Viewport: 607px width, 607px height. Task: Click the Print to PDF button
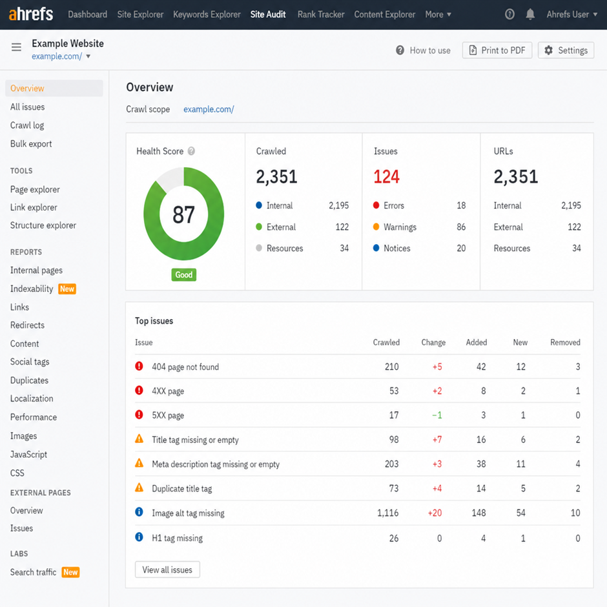tap(497, 50)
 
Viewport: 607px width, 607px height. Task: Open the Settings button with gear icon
tap(566, 50)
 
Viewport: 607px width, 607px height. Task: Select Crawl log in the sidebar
tap(27, 125)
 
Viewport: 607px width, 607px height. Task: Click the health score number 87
tap(183, 215)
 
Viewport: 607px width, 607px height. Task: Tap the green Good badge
tap(184, 275)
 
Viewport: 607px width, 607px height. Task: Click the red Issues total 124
tap(386, 177)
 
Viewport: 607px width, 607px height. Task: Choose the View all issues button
tap(167, 570)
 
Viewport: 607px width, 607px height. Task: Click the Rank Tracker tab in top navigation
tap(321, 14)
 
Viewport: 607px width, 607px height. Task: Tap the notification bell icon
tap(530, 14)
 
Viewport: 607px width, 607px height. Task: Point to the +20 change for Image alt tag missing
tap(435, 513)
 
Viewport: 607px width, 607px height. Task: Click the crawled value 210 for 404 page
tap(392, 367)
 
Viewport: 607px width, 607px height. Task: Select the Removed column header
tap(565, 342)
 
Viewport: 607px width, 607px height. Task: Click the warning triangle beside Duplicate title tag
tap(139, 488)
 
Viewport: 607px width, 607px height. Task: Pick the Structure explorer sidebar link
tap(43, 225)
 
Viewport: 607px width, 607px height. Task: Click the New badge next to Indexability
tap(67, 289)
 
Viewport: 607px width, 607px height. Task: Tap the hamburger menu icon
tap(16, 47)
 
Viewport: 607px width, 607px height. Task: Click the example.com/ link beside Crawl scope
tap(209, 109)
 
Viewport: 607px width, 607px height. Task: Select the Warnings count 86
tap(461, 227)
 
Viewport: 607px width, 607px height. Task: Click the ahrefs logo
tap(31, 14)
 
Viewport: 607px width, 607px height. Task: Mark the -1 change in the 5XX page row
tap(437, 415)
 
